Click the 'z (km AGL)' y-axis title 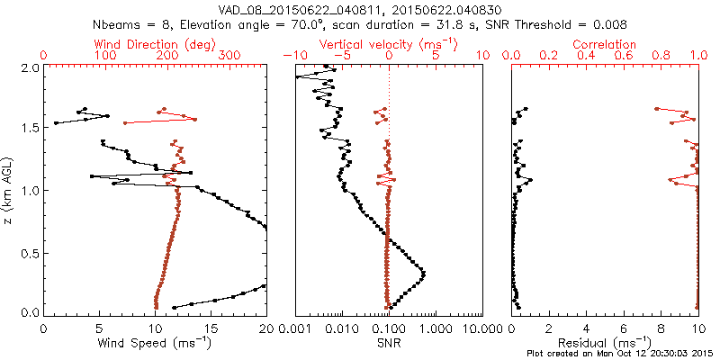8,190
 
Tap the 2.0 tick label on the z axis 30,67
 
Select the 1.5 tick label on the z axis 30,129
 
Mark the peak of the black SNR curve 423,273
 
